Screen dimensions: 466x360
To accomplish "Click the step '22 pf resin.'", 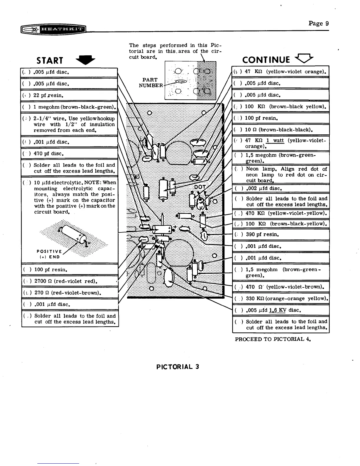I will pyautogui.click(x=49, y=95).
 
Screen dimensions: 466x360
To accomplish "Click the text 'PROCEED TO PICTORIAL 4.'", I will pyautogui.click(x=273, y=339).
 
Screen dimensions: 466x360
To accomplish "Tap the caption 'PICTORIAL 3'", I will pyautogui.click(x=178, y=367).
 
